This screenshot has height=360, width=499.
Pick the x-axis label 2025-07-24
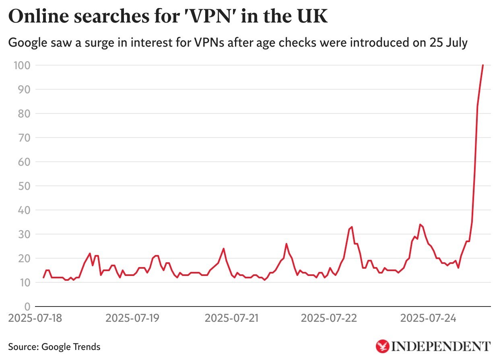[429, 318]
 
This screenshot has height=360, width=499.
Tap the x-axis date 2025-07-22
[329, 318]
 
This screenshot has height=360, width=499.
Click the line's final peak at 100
[483, 65]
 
